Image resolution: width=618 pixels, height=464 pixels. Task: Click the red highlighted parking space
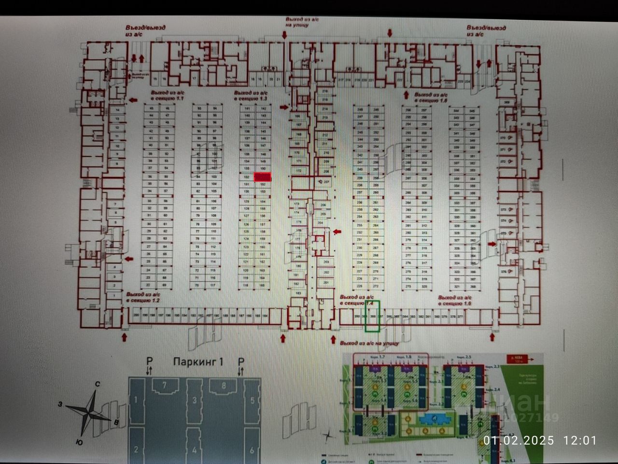pos(263,177)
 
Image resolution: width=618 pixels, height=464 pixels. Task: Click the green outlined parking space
pos(372,316)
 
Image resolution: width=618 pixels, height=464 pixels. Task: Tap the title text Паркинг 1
pos(198,362)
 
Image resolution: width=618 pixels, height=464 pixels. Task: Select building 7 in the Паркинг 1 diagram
pos(165,385)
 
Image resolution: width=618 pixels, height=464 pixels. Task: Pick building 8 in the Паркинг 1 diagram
pos(224,385)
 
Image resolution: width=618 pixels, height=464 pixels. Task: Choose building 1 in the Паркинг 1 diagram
pos(136,400)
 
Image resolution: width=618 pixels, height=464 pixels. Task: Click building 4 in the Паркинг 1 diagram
pos(194,450)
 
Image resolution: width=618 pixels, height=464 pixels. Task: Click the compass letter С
pos(98,384)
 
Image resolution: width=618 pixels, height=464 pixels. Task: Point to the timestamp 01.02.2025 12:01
pos(540,440)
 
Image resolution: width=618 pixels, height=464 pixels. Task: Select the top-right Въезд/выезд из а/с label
pos(486,31)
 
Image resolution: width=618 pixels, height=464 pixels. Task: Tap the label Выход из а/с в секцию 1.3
pos(250,95)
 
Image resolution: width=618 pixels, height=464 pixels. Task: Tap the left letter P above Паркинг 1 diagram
pos(149,361)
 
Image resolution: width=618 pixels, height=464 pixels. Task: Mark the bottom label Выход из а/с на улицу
pos(370,343)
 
